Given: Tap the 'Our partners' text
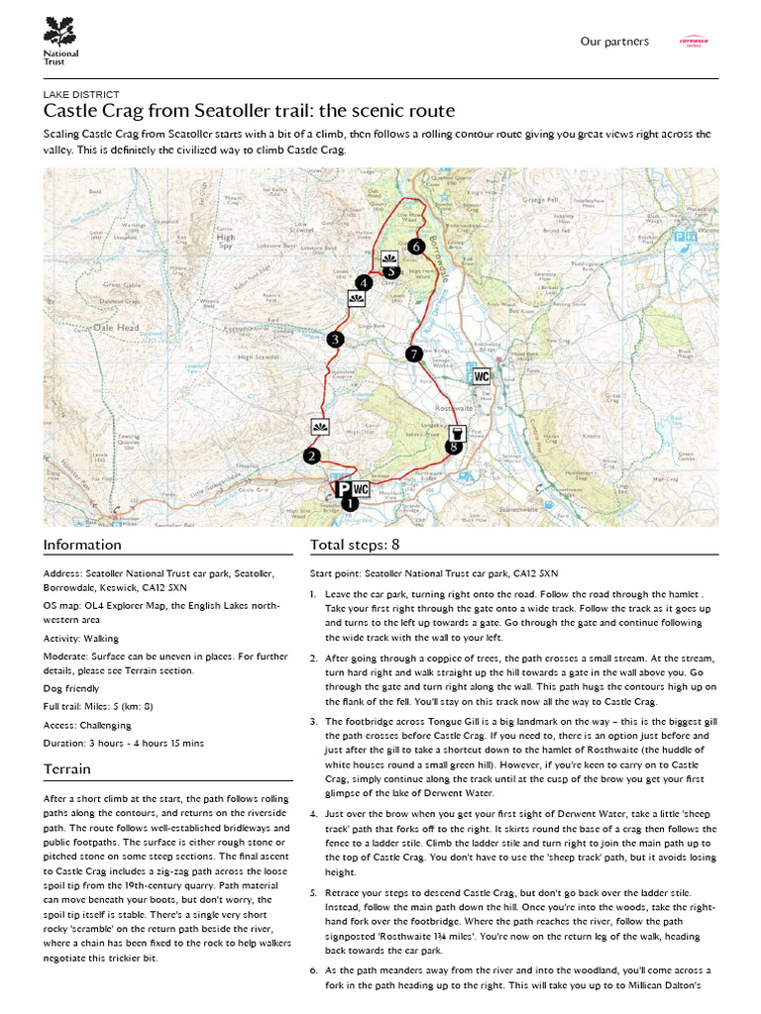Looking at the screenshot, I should (614, 42).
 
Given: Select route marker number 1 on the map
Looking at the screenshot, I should (348, 503).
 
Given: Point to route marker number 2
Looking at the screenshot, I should (312, 456).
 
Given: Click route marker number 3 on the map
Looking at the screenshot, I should (336, 340).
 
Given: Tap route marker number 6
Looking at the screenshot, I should (415, 246).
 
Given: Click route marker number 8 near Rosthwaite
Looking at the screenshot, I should (454, 447).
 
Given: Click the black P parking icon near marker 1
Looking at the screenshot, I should (341, 489).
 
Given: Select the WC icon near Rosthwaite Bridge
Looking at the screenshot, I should (482, 376).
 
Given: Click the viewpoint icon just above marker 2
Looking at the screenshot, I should (319, 427).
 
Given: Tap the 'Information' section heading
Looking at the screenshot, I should (82, 545).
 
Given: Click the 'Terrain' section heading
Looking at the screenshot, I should (67, 769).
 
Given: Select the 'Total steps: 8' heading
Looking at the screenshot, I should (355, 545).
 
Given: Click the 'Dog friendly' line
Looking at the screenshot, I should (71, 687).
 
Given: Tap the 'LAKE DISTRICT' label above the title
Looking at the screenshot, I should (81, 94).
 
